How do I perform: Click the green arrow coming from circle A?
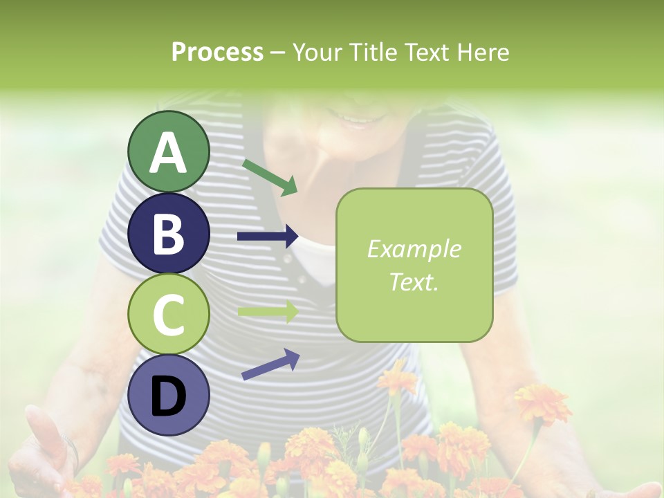[x=270, y=176]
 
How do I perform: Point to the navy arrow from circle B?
[x=268, y=237]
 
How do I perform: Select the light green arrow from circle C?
[x=268, y=311]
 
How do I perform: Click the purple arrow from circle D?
[x=270, y=365]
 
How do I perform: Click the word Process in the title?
[x=217, y=52]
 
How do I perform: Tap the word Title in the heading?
[x=373, y=52]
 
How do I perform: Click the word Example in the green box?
[x=414, y=249]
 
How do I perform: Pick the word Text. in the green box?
[x=414, y=282]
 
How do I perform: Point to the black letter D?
[x=169, y=396]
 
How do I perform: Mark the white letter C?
[x=169, y=315]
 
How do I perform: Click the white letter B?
[x=169, y=234]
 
